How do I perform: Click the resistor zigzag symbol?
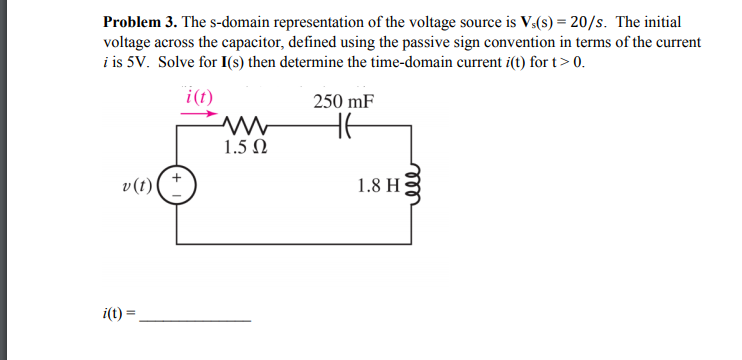pyautogui.click(x=245, y=127)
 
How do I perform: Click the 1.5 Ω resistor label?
pyautogui.click(x=245, y=149)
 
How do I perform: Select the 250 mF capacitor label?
pyautogui.click(x=345, y=101)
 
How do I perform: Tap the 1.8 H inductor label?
pyautogui.click(x=375, y=185)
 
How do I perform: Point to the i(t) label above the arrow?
pyautogui.click(x=200, y=97)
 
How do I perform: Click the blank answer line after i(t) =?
pyautogui.click(x=196, y=319)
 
